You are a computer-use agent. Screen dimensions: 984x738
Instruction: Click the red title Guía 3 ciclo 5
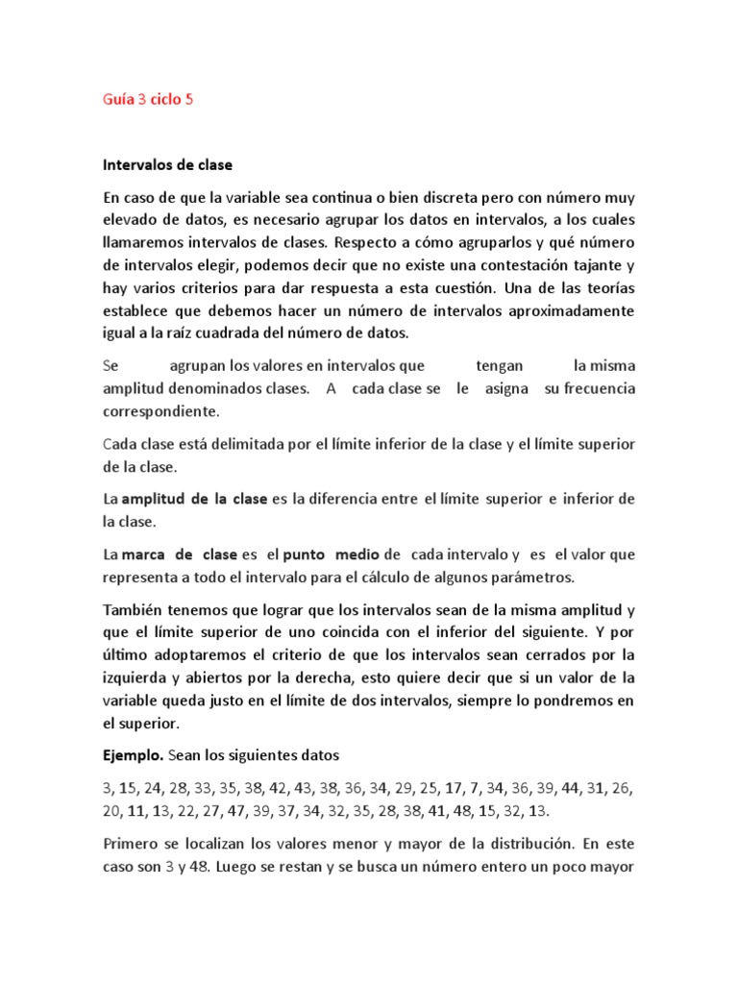pos(148,99)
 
